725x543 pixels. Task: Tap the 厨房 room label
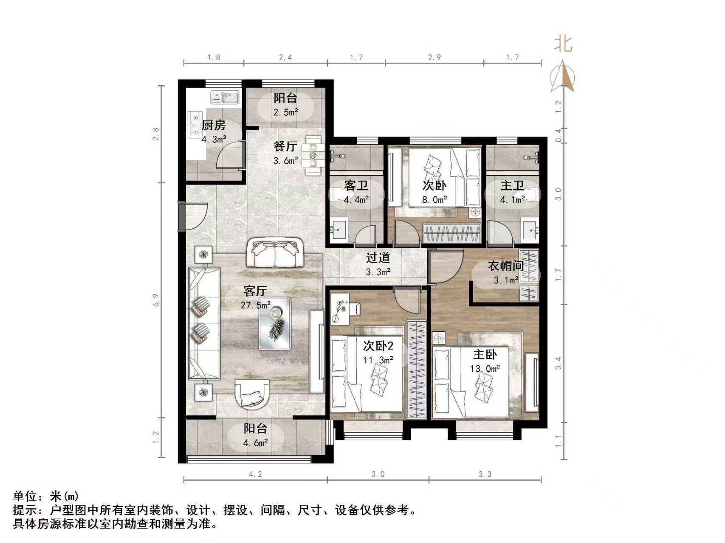[213, 126]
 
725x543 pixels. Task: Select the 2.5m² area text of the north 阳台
[285, 112]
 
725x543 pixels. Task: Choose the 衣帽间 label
[505, 266]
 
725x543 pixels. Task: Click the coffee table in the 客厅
[275, 324]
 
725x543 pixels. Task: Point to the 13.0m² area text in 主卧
[485, 369]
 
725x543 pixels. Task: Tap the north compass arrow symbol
[563, 76]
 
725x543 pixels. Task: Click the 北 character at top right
[564, 44]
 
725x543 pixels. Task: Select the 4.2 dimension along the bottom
[255, 474]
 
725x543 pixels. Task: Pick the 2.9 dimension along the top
[434, 57]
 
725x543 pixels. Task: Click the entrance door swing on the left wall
[193, 216]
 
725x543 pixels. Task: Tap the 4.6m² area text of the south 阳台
[255, 443]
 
